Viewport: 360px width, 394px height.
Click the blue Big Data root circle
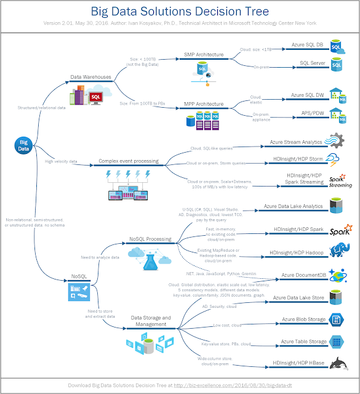pyautogui.click(x=22, y=145)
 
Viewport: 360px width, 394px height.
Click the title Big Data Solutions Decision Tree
pyautogui.click(x=180, y=11)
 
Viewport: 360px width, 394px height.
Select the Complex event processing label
pyautogui.click(x=128, y=161)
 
